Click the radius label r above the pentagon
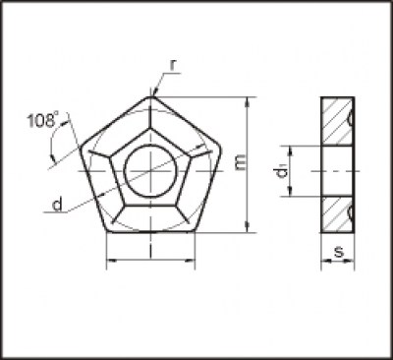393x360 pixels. [x=173, y=65]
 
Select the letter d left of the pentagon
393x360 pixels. [x=58, y=205]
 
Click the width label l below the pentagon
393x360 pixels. [x=148, y=254]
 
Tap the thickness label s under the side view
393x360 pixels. [x=338, y=253]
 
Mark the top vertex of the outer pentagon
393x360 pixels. [x=151, y=96]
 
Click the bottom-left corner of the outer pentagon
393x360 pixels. [x=105, y=233]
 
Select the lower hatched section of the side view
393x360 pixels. [x=338, y=214]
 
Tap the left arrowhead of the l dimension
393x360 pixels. [x=109, y=262]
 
